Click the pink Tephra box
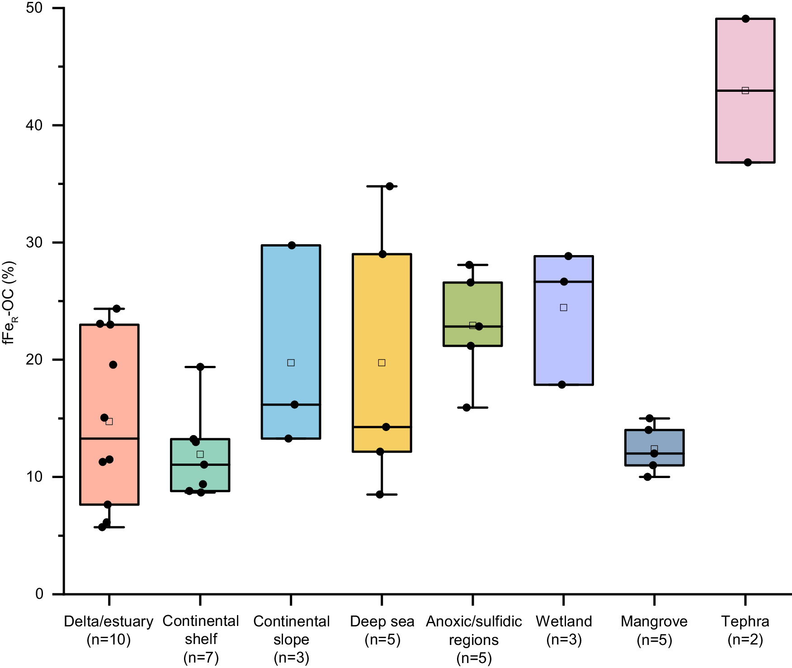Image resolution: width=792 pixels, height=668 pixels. click(x=745, y=127)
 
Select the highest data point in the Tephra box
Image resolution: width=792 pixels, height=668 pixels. click(x=746, y=19)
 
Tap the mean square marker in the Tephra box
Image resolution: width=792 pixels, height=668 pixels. click(x=745, y=90)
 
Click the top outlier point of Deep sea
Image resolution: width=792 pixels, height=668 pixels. click(x=390, y=186)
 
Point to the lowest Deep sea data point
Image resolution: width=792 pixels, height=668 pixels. click(x=380, y=495)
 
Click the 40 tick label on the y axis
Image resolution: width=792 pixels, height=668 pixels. click(x=34, y=125)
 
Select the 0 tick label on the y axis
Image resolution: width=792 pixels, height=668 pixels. click(x=40, y=594)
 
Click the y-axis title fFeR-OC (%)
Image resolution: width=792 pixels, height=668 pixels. click(x=10, y=303)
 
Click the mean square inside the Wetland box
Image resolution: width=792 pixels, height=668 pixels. click(x=564, y=308)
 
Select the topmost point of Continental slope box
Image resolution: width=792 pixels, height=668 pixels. click(x=292, y=246)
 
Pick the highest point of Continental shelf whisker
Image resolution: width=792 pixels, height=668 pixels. click(x=200, y=367)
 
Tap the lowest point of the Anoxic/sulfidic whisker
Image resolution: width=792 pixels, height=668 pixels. click(x=467, y=407)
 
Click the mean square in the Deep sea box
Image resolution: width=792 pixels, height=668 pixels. click(x=382, y=363)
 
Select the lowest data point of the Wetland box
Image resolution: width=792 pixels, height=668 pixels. click(x=562, y=385)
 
